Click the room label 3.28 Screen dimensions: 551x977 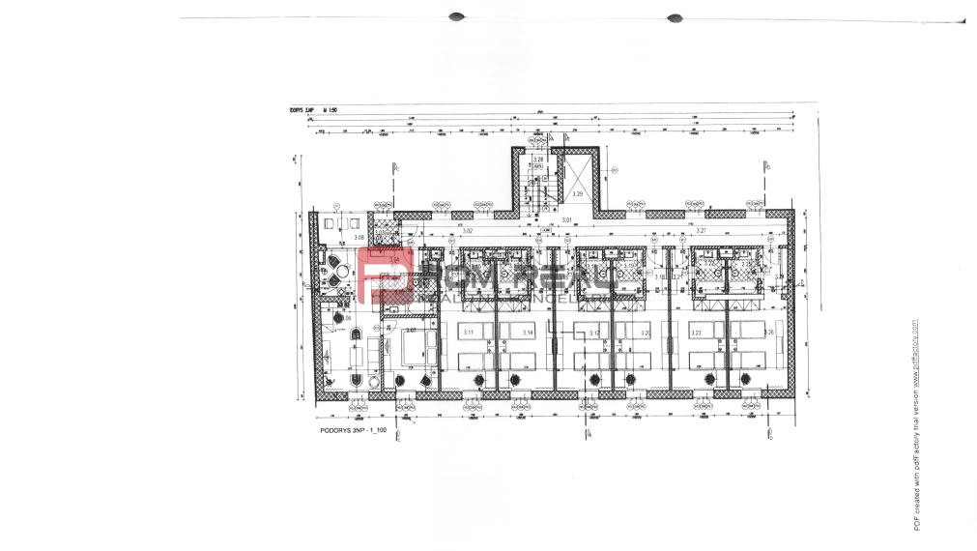538,158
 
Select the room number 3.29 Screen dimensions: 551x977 578,194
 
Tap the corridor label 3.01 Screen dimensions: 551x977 567,221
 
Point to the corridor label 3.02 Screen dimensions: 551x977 467,232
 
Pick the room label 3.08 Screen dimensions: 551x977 358,237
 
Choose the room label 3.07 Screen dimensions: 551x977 411,331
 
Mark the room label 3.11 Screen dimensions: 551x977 469,333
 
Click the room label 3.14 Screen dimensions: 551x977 528,333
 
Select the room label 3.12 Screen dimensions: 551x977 594,333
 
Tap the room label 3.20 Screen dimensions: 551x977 645,333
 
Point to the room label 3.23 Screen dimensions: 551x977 696,333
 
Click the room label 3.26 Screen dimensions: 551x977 768,333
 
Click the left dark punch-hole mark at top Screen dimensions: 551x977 457,16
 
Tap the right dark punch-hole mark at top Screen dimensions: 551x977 675,16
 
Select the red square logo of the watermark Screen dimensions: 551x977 386,275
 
